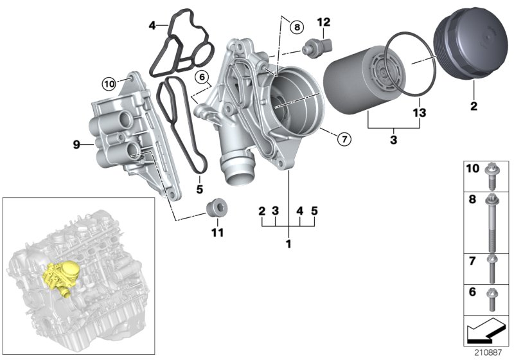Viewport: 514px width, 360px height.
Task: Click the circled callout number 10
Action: click(x=109, y=82)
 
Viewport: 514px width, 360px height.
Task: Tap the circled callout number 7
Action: click(x=344, y=138)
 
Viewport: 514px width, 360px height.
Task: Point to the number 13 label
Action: click(x=419, y=113)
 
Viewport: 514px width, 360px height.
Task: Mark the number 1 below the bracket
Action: click(x=288, y=244)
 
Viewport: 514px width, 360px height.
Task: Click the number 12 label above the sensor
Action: click(x=324, y=23)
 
